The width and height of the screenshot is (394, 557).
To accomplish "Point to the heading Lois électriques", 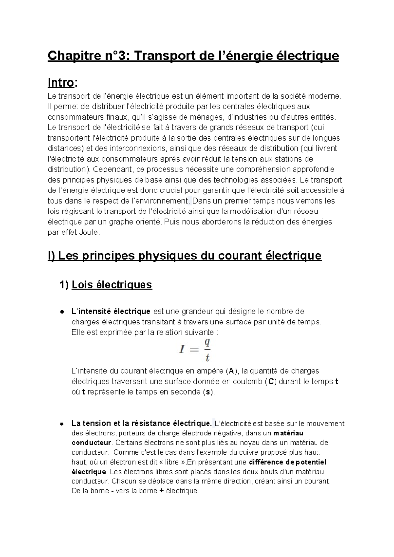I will coord(112,284).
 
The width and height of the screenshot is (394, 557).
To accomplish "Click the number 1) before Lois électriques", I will coord(64,284).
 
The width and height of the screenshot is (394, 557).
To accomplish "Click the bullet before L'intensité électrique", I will coord(61,312).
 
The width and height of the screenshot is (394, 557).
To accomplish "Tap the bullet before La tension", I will coord(61,424).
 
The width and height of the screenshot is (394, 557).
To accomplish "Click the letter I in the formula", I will coord(182,349).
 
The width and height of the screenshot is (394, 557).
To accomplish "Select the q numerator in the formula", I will coord(207,342).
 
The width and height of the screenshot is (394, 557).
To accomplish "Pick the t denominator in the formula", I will coord(207,357).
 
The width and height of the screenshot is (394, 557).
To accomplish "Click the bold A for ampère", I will coord(231,371).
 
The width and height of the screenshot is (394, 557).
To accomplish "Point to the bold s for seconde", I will coord(207,392).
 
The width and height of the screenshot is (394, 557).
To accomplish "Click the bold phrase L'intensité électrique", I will coord(111,311).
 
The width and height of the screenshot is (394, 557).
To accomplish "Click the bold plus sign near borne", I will coord(161,491).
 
